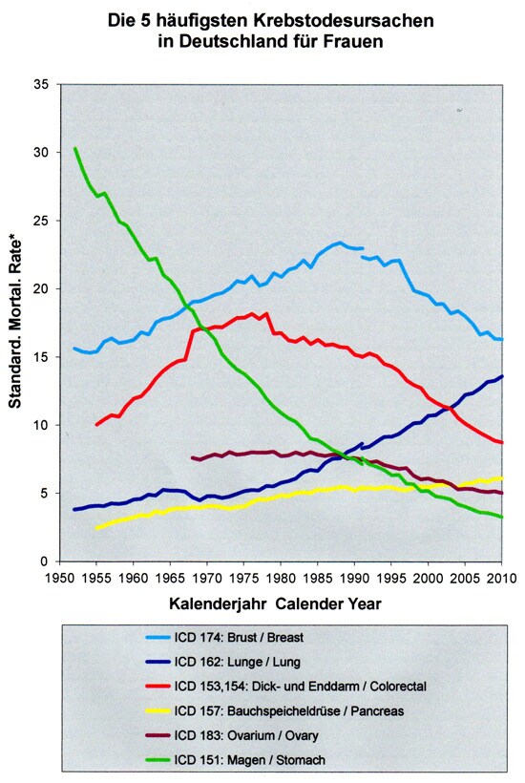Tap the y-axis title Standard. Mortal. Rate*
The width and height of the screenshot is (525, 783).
[x=15, y=323]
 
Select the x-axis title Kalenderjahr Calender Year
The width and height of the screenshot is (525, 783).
[x=275, y=603]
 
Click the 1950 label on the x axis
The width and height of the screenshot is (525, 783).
[x=60, y=579]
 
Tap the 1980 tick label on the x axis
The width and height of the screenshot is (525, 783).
[x=281, y=579]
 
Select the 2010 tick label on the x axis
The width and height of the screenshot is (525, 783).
[x=501, y=579]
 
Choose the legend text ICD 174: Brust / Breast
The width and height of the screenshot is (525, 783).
[x=239, y=637]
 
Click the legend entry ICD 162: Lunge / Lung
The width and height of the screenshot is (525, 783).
[x=237, y=662]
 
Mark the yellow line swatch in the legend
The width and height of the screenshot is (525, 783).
[x=157, y=711]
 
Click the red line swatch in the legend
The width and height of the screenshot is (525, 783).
[x=157, y=687]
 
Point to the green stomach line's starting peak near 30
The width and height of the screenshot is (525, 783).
[x=74, y=148]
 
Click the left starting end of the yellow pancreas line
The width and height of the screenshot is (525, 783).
[x=96, y=528]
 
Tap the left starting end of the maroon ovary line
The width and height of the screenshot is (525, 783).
[x=193, y=457]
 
